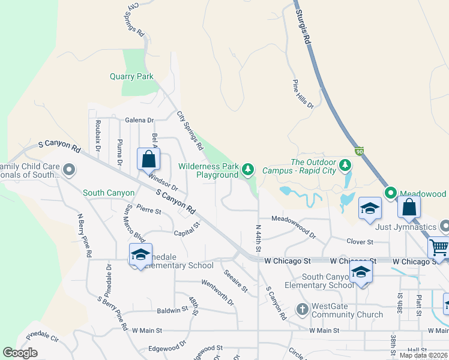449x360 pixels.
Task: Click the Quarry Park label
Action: coord(131,76)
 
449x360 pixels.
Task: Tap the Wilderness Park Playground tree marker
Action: coord(248,169)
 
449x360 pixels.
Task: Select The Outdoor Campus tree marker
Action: coord(345,164)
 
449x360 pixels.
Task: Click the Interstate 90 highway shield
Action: coord(359,151)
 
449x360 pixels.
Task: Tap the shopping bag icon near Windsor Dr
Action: coord(148,160)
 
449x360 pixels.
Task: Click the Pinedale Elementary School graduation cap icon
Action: coord(140,254)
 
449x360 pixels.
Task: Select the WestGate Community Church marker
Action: coord(303,310)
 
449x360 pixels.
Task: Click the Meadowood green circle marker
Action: coord(391,193)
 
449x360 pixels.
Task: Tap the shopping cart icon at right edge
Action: coord(439,247)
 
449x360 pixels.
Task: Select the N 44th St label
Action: coord(258,239)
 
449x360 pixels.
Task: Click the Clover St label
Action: coord(360,241)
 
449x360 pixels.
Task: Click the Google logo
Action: coord(20,353)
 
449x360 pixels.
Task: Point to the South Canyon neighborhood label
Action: coord(109,193)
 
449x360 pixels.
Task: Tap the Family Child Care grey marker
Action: coord(68,170)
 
